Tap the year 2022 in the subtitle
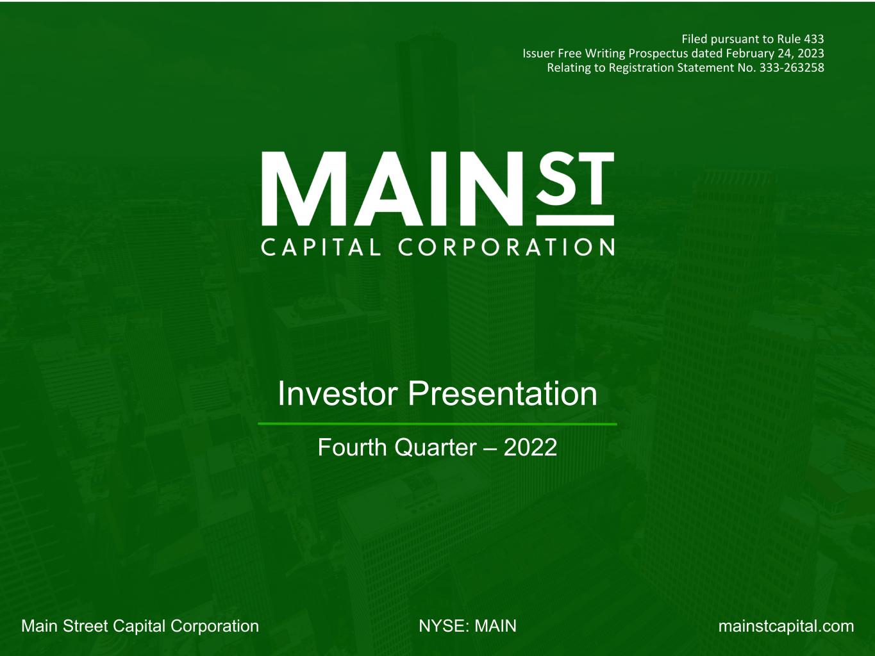[530, 447]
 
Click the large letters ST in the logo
[575, 177]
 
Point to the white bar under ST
[575, 220]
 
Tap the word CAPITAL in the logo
[321, 247]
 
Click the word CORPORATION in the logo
[506, 247]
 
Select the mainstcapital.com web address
[786, 626]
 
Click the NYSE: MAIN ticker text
[467, 626]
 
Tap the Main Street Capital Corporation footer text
[140, 626]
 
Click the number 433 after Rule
[813, 39]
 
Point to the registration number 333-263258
[792, 68]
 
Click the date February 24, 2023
[774, 54]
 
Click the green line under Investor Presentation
[437, 423]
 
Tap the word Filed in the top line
[694, 39]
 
